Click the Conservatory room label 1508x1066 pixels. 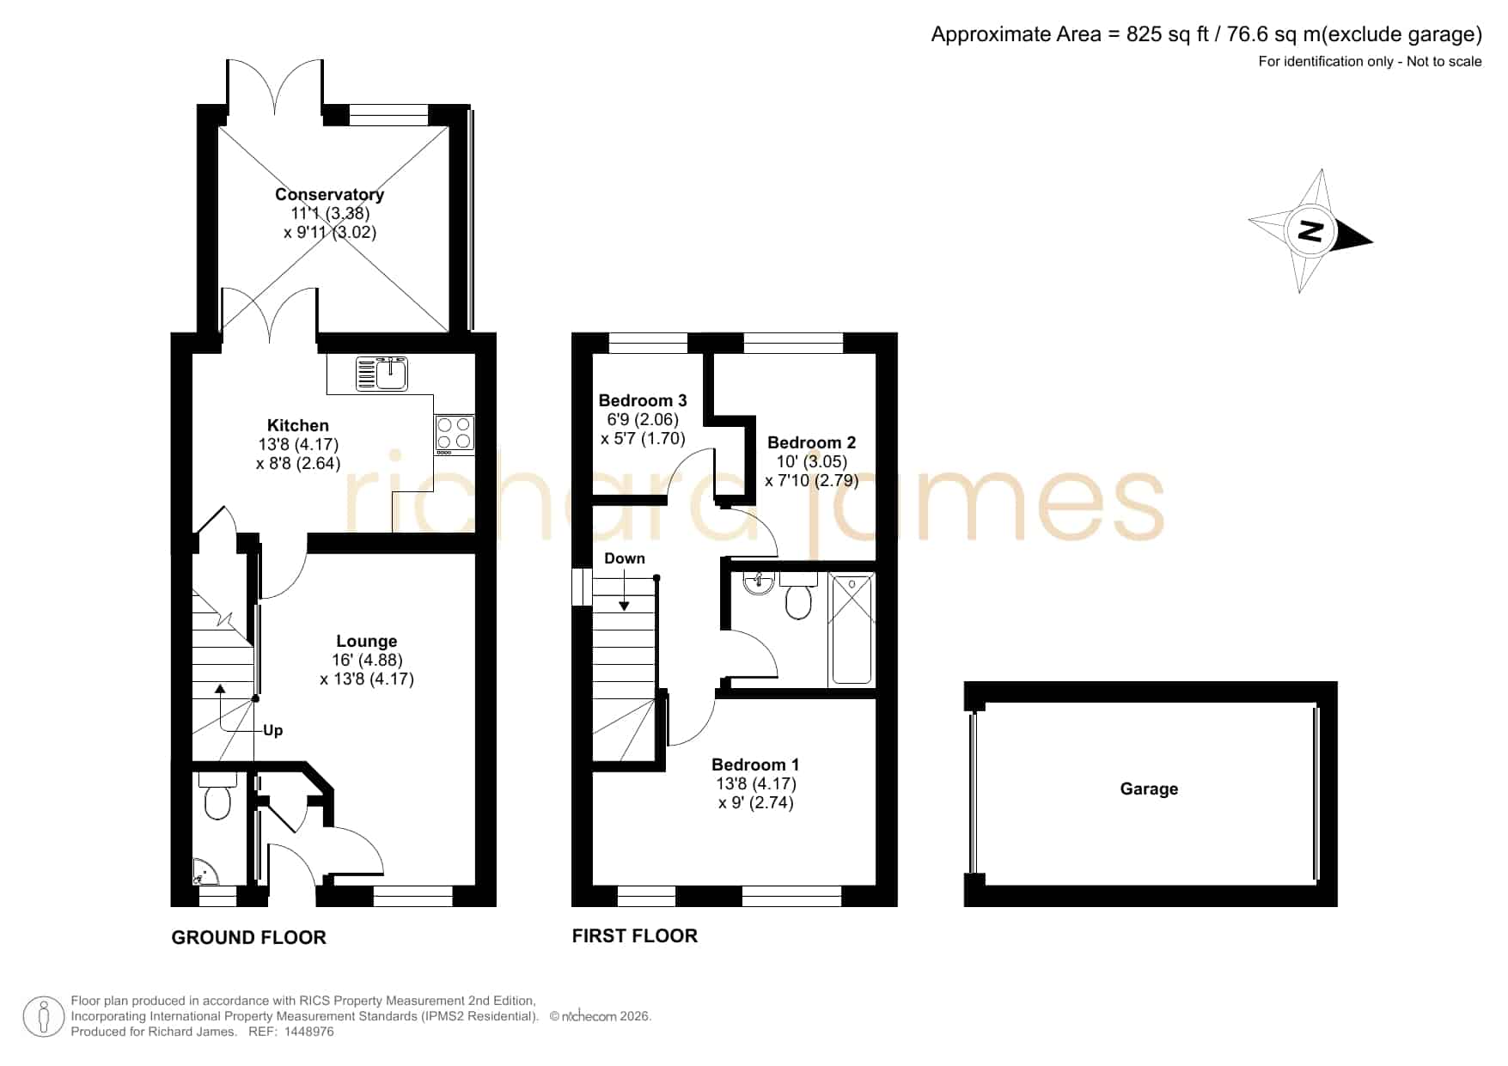(x=329, y=194)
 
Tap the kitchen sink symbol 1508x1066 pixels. (x=382, y=374)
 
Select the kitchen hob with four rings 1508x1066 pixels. (x=455, y=434)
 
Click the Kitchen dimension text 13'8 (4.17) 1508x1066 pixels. (x=298, y=444)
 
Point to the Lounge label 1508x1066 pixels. (x=367, y=641)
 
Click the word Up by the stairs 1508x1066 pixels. (x=272, y=730)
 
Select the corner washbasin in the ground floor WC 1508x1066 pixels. (x=205, y=872)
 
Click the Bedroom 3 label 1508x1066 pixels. (x=643, y=400)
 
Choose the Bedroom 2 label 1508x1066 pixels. (x=811, y=442)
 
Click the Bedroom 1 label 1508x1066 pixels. (x=755, y=764)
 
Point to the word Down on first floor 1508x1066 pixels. (x=625, y=558)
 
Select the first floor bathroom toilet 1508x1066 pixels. (x=798, y=596)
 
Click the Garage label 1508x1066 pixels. (x=1149, y=789)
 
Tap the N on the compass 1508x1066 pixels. (x=1310, y=232)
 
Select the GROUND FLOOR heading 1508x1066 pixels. (x=249, y=937)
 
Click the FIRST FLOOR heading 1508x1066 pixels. (x=635, y=935)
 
